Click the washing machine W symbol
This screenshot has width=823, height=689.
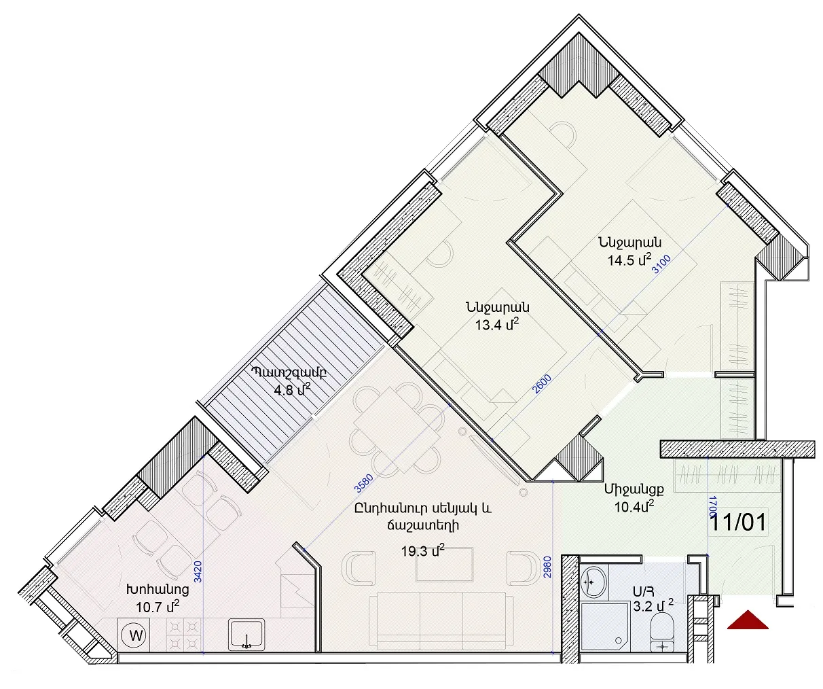[136, 635]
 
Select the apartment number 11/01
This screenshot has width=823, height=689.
[739, 523]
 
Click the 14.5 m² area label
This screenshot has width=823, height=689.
[628, 260]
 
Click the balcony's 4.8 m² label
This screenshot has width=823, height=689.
[292, 390]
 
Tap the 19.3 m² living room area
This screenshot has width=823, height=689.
[423, 550]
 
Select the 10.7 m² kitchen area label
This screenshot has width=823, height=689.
[158, 606]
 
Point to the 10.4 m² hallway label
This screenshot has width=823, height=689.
[635, 506]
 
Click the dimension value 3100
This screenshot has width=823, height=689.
[661, 264]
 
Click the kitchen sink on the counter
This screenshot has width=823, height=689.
[246, 634]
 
